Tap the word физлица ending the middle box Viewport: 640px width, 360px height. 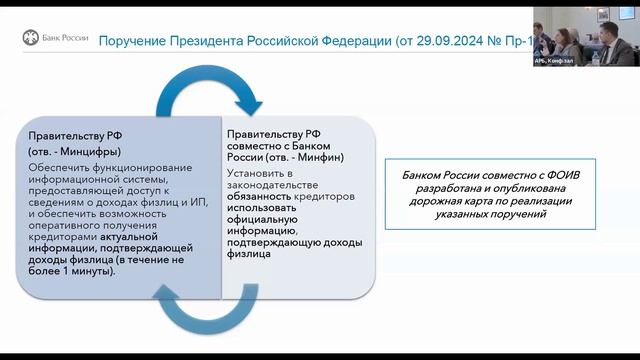(x=249, y=254)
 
